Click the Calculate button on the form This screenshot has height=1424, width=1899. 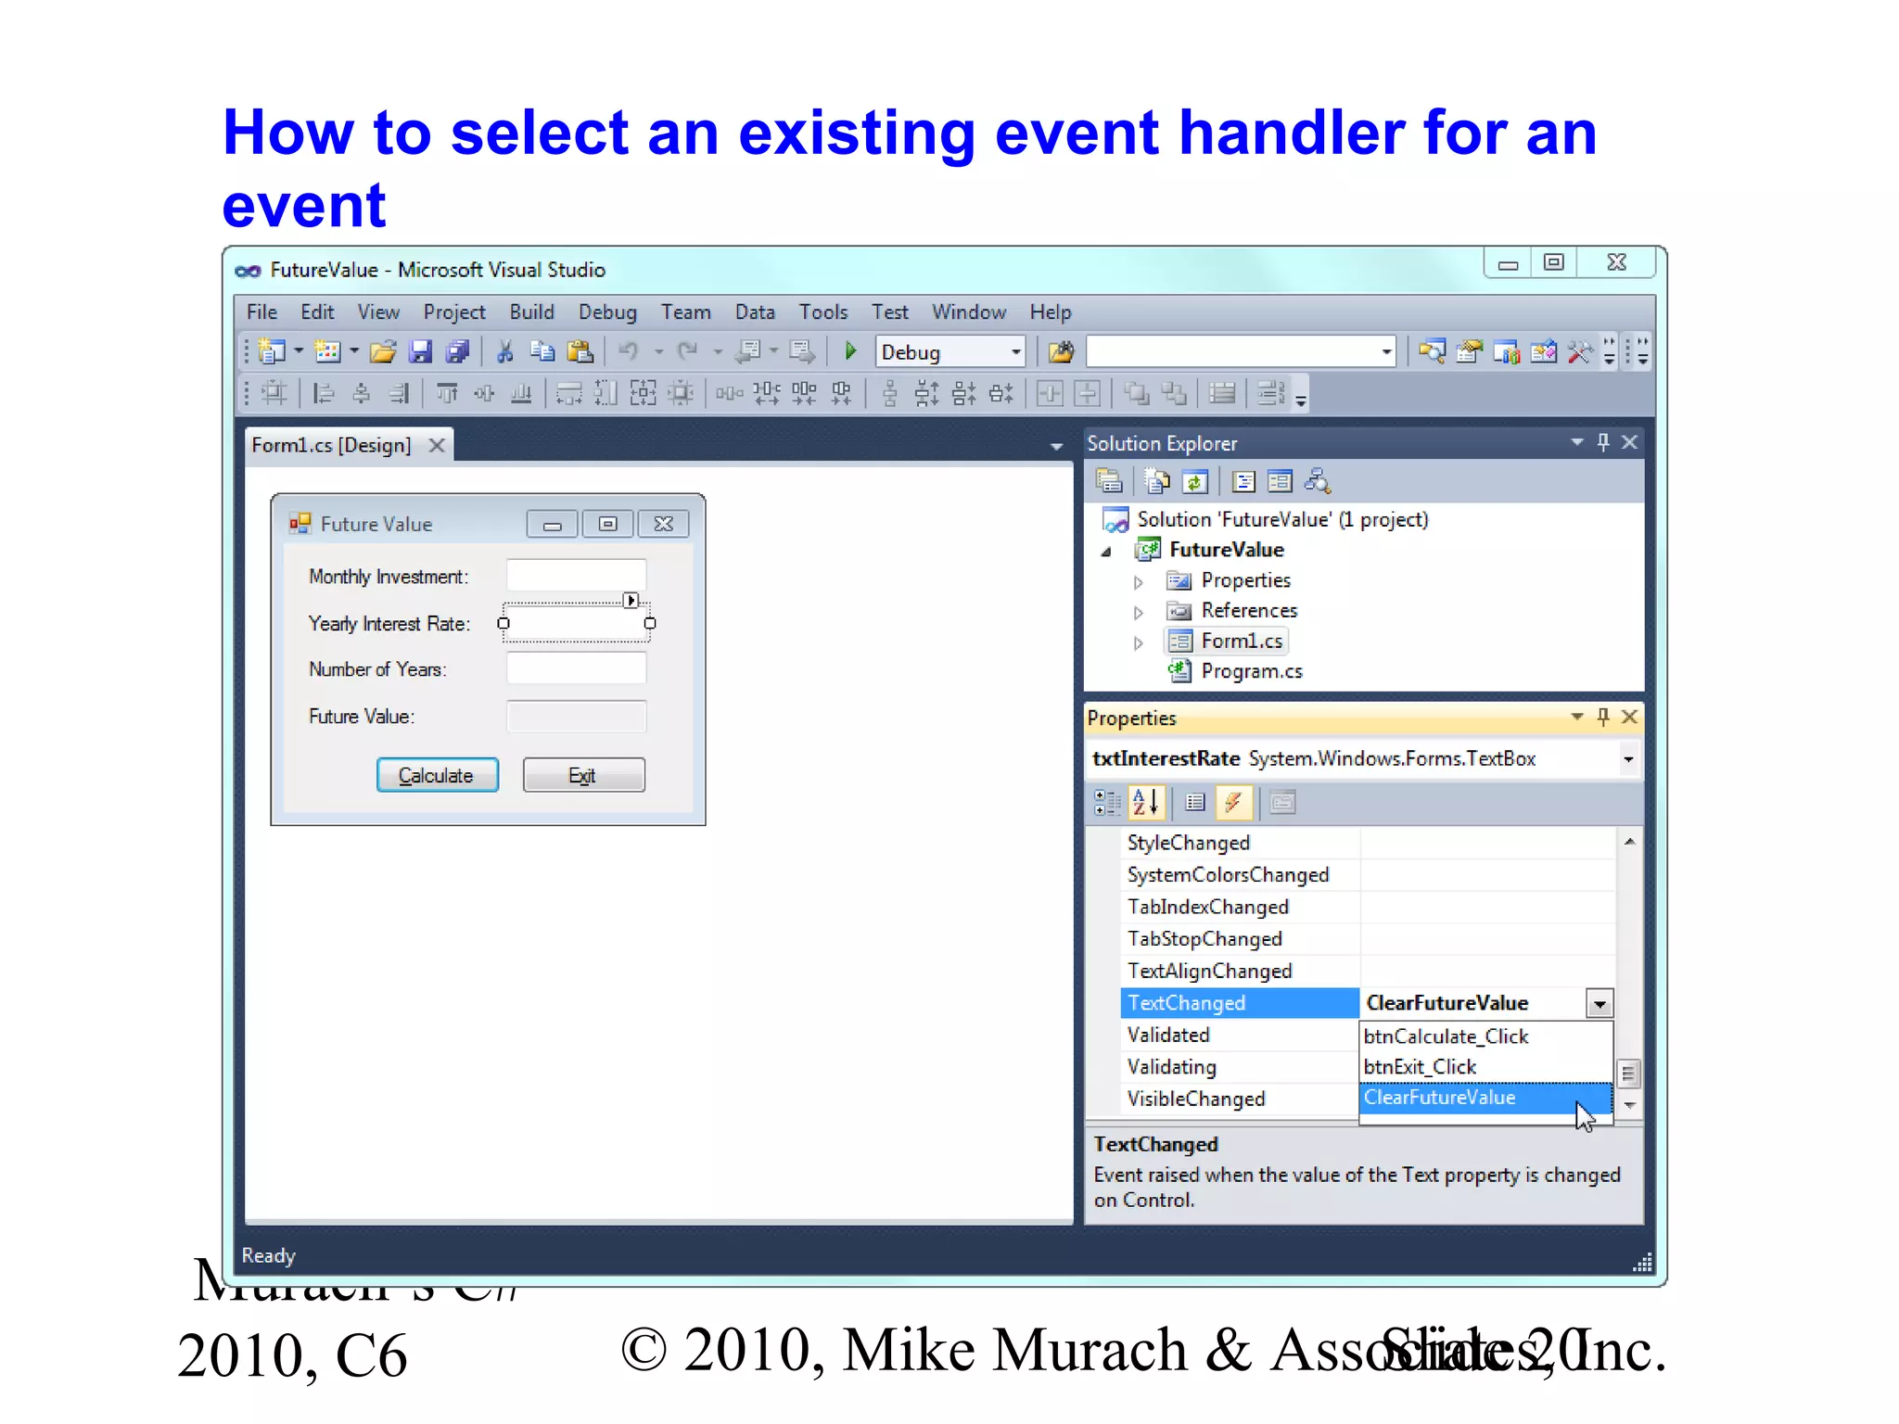[x=437, y=775]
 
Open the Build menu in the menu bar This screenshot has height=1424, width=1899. [x=531, y=312]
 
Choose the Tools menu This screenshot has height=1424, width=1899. [x=823, y=312]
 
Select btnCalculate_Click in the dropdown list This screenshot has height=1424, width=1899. [x=1446, y=1036]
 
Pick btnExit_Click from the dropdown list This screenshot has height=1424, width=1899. [x=1420, y=1067]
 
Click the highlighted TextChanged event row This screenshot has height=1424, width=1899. [x=1239, y=1003]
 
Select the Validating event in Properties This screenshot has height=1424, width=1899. [x=1172, y=1067]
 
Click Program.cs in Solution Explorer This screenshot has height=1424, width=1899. [x=1251, y=671]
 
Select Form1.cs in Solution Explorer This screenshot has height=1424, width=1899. [x=1242, y=642]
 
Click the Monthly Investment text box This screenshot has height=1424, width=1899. [x=576, y=576]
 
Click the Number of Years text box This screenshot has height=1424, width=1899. [x=576, y=668]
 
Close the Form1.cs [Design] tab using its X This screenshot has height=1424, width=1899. [x=437, y=446]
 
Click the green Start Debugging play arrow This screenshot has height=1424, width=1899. [x=850, y=351]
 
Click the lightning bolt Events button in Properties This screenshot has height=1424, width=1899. [x=1233, y=803]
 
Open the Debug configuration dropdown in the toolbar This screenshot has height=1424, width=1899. [x=1015, y=352]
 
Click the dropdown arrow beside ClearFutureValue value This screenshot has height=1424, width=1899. [x=1599, y=1004]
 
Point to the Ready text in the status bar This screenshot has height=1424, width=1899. [x=268, y=1255]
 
